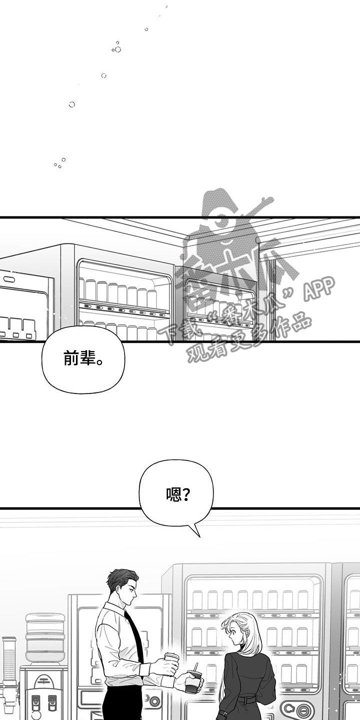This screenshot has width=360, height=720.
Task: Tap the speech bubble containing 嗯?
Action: pyautogui.click(x=176, y=494)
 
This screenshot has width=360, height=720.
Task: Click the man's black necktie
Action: pyautogui.click(x=133, y=635)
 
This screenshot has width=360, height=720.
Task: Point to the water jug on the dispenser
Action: pyautogui.click(x=45, y=638)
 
